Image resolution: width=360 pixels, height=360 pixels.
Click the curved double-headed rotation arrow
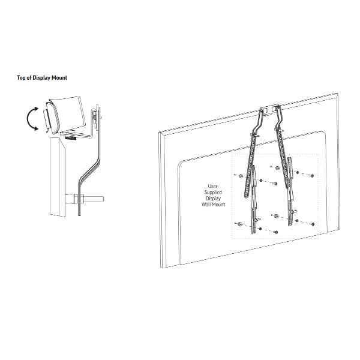coord(33,119)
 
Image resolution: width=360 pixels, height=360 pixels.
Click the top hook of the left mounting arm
coord(265,112)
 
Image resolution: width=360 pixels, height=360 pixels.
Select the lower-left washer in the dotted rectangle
coord(239,224)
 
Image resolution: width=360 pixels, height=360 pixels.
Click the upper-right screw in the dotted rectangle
coord(313,175)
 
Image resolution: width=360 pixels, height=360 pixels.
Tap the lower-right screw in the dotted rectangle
coord(313,222)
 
